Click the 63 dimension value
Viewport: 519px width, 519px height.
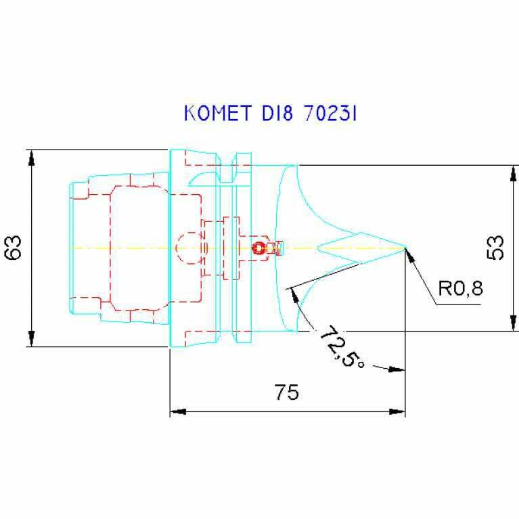[x=14, y=247]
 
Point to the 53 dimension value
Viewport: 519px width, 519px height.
[x=495, y=248]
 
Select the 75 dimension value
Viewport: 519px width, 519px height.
[x=287, y=392]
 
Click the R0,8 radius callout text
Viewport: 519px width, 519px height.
[x=460, y=290]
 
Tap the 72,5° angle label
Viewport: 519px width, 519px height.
[x=342, y=346]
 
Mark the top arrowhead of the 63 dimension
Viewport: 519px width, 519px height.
[x=31, y=156]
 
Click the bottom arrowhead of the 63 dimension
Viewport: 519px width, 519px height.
[x=31, y=338]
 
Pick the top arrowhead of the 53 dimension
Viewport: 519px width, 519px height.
[x=511, y=173]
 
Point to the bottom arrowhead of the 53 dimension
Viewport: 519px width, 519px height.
[x=511, y=323]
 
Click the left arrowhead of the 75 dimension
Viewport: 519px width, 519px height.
[x=177, y=411]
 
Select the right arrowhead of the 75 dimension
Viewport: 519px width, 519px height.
[x=397, y=411]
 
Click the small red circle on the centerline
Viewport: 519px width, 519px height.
[x=258, y=248]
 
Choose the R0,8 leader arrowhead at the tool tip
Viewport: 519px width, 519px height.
[x=409, y=254]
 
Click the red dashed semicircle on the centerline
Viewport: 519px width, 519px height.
[x=183, y=248]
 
